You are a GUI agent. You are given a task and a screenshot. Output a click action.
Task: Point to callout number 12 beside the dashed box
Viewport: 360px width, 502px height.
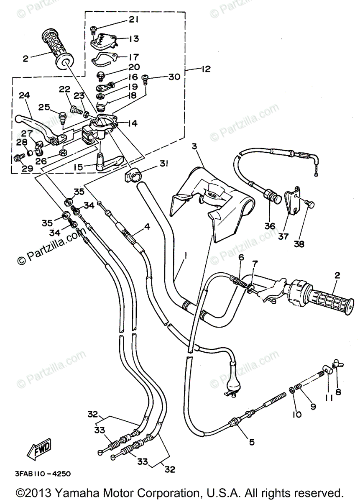click(x=205, y=69)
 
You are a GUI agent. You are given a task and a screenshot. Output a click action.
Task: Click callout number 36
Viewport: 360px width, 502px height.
click(x=270, y=226)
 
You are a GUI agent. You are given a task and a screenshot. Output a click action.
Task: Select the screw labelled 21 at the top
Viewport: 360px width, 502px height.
click(x=94, y=29)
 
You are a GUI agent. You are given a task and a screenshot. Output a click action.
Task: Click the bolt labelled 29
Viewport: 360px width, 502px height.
click(x=18, y=157)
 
